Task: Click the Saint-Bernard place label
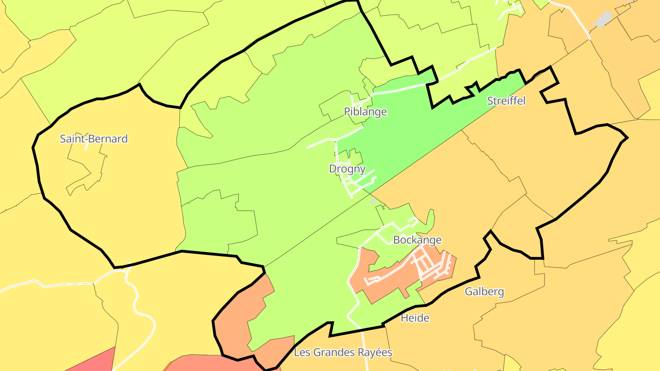(94, 139)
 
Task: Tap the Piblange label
(365, 112)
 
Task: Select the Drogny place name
(347, 169)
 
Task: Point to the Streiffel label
(506, 101)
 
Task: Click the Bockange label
(417, 240)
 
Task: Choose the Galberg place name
(484, 292)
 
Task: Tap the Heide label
(415, 318)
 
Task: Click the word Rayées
(374, 353)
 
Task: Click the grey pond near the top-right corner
(602, 19)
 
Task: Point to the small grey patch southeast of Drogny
(373, 201)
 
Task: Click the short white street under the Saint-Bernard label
(86, 147)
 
